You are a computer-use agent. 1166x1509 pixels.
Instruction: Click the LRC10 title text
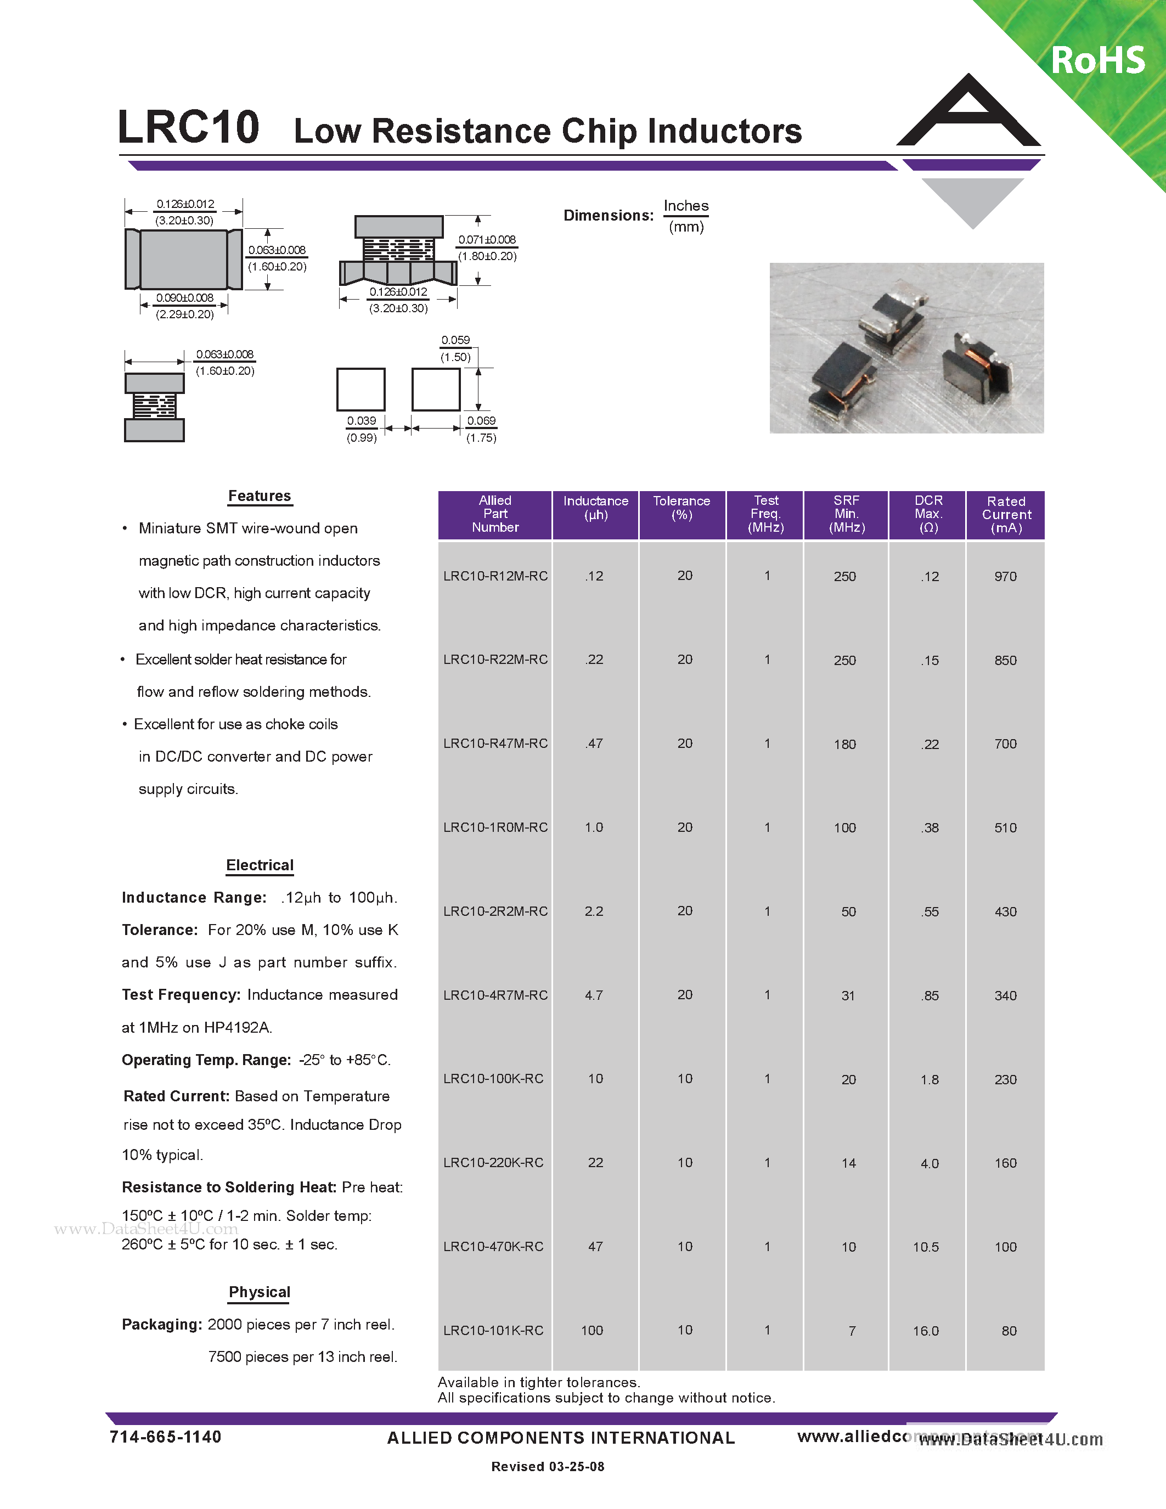pyautogui.click(x=188, y=127)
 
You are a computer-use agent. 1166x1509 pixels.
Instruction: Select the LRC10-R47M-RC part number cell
pyautogui.click(x=495, y=744)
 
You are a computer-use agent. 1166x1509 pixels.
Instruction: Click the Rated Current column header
pyautogui.click(x=1006, y=515)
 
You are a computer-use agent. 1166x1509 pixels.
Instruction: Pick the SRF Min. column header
pyautogui.click(x=846, y=514)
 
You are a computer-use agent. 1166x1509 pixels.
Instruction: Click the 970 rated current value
pyautogui.click(x=1005, y=576)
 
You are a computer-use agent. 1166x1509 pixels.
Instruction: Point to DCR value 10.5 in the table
pyautogui.click(x=926, y=1247)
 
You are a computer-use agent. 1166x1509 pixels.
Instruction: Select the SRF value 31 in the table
pyautogui.click(x=848, y=995)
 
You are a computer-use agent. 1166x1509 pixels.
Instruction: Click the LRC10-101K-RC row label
pyautogui.click(x=493, y=1331)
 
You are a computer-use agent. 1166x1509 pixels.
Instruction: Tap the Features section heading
pyautogui.click(x=259, y=496)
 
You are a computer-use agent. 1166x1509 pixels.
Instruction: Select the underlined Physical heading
pyautogui.click(x=259, y=1292)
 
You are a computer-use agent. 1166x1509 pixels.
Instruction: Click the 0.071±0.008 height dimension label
pyautogui.click(x=487, y=240)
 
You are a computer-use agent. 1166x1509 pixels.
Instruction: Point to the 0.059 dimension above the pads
pyautogui.click(x=455, y=341)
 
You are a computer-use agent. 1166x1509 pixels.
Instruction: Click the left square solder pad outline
pyautogui.click(x=360, y=390)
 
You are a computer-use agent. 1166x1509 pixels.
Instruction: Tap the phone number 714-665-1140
pyautogui.click(x=165, y=1437)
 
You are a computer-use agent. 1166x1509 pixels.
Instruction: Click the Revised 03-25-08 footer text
pyautogui.click(x=547, y=1466)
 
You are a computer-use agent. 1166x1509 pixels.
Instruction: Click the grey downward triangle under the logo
pyautogui.click(x=973, y=201)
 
